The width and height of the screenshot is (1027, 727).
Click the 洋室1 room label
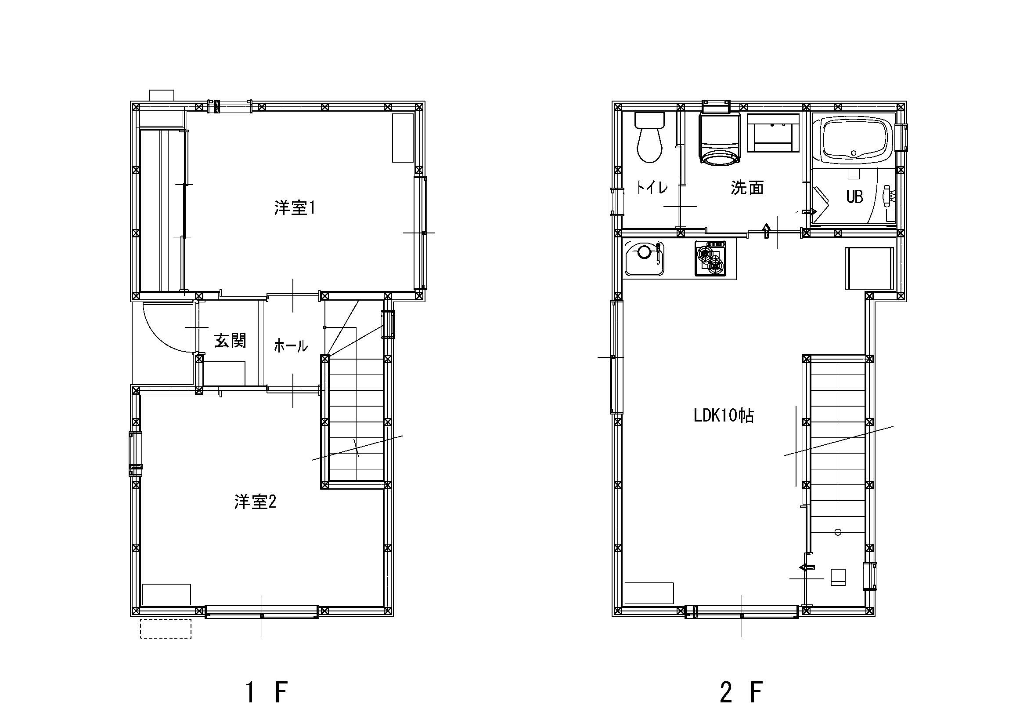(x=295, y=208)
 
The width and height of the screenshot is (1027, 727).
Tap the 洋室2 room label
(x=255, y=502)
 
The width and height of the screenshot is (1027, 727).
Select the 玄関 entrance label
(x=230, y=341)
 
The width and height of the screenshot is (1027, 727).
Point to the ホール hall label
(x=291, y=345)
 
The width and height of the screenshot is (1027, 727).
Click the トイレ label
(x=652, y=187)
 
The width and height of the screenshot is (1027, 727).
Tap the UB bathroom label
(x=854, y=196)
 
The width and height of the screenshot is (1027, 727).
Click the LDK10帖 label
(x=724, y=416)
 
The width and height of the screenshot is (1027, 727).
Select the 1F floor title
(x=267, y=692)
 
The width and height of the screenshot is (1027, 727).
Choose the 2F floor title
(x=741, y=692)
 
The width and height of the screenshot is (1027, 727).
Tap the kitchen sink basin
(x=645, y=259)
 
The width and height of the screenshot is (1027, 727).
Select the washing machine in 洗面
(x=720, y=139)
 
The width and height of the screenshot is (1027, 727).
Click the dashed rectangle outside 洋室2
(x=166, y=629)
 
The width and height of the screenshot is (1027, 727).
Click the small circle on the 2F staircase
(x=838, y=532)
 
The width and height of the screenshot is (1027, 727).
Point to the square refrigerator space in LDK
(x=868, y=268)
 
